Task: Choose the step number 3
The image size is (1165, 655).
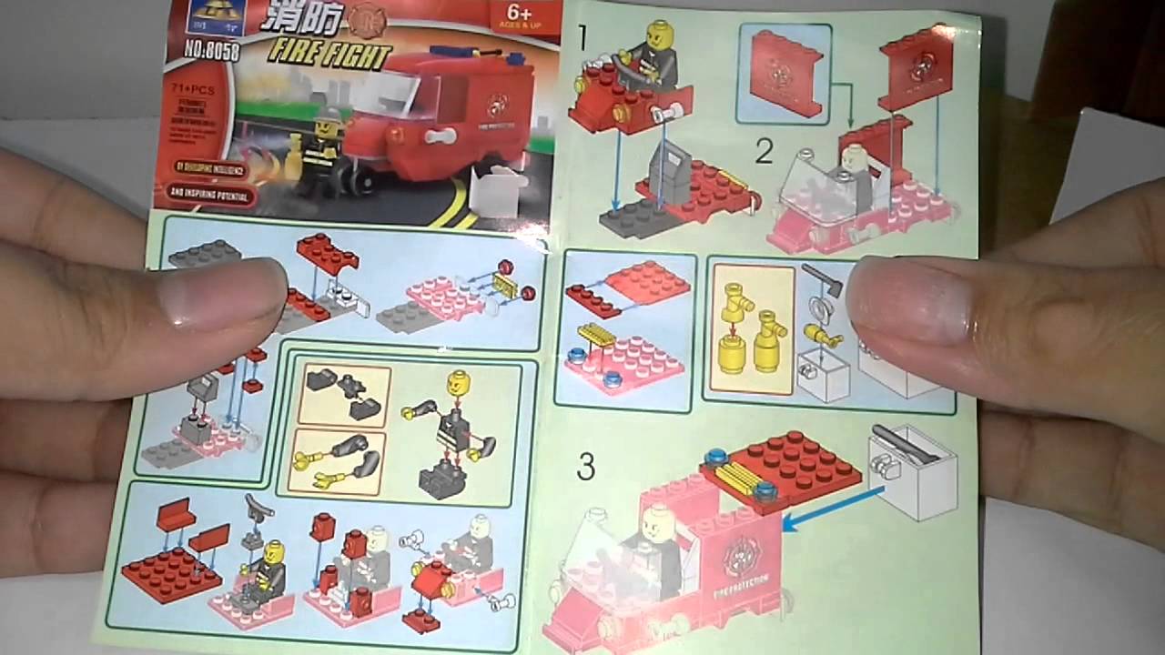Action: coord(586,468)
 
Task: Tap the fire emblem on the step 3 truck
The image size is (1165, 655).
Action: coord(740,556)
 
